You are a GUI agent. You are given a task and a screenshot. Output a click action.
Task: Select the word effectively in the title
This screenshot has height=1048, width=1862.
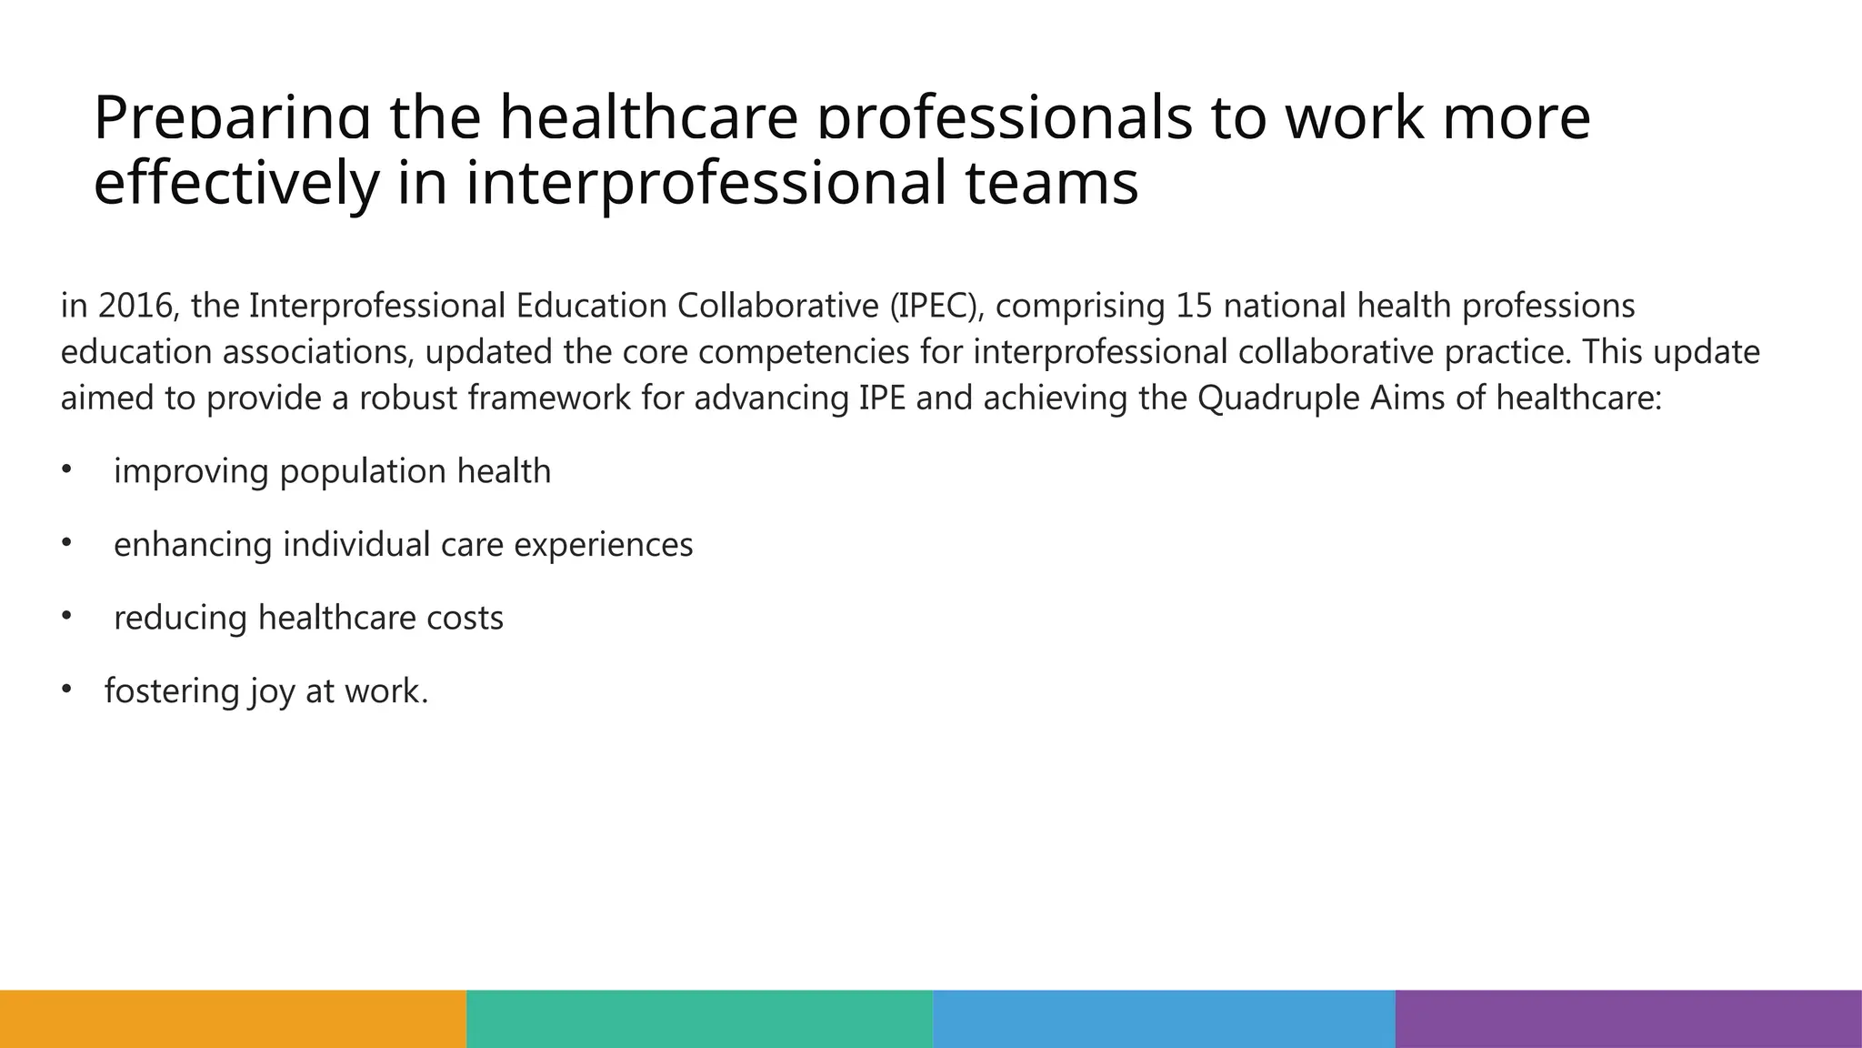(235, 182)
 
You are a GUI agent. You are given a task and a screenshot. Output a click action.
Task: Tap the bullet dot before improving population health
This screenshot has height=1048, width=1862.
(65, 469)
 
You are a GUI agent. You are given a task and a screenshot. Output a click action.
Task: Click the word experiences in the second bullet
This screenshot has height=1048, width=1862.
(603, 545)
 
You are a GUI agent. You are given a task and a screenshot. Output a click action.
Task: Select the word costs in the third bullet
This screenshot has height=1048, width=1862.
(465, 619)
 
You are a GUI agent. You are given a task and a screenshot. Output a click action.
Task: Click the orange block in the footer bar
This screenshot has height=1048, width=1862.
(233, 1019)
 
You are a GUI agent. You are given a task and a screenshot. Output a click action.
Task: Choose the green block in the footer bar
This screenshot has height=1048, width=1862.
(699, 1019)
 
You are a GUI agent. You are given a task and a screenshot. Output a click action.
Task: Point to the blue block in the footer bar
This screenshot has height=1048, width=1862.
(1164, 1019)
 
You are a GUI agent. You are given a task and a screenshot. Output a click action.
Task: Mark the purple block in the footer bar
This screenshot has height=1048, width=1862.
(1628, 1019)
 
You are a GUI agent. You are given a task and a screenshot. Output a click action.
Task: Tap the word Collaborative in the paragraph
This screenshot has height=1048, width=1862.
(778, 307)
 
